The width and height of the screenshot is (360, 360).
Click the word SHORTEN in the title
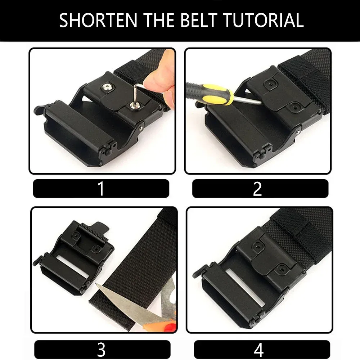pos(98,21)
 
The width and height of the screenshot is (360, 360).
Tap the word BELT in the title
pos(199,21)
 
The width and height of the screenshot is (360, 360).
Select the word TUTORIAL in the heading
pos(263,21)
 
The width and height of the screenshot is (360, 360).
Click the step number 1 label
pos(101,189)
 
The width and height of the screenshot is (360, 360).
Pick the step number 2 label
pos(257,189)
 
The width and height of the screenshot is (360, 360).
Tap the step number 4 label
pos(259,350)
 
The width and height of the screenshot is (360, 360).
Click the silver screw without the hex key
pos(107,87)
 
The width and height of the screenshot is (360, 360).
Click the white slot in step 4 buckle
pos(245,287)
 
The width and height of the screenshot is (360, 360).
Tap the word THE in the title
pos(159,21)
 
